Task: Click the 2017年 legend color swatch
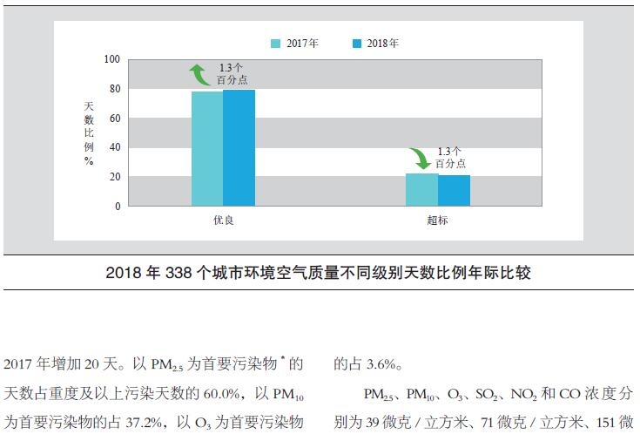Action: (x=275, y=43)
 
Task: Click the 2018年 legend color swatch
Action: (x=357, y=43)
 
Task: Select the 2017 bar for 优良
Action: (x=207, y=148)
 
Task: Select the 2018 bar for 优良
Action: (x=239, y=147)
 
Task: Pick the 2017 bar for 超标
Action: (x=422, y=189)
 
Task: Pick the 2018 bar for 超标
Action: (x=454, y=190)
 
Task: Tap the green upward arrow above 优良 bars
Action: (x=199, y=75)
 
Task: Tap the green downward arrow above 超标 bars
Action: (x=421, y=158)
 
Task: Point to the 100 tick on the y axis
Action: (x=111, y=59)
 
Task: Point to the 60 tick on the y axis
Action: (x=114, y=119)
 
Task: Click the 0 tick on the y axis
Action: (x=118, y=207)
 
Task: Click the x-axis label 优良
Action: (x=224, y=220)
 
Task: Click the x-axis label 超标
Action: (x=438, y=220)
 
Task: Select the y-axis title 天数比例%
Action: (x=89, y=132)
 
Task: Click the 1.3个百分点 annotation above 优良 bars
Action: (x=232, y=73)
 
